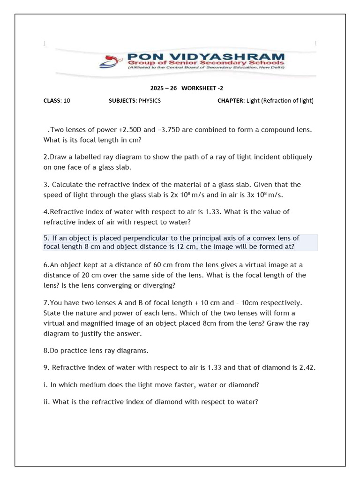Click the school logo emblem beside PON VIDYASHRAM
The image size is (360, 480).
112,60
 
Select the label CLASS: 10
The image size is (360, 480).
57,100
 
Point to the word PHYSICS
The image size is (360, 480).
150,100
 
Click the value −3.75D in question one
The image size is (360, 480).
166,129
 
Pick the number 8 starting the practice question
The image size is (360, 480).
45,350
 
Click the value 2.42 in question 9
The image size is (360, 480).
307,368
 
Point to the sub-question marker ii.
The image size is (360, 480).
46,401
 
